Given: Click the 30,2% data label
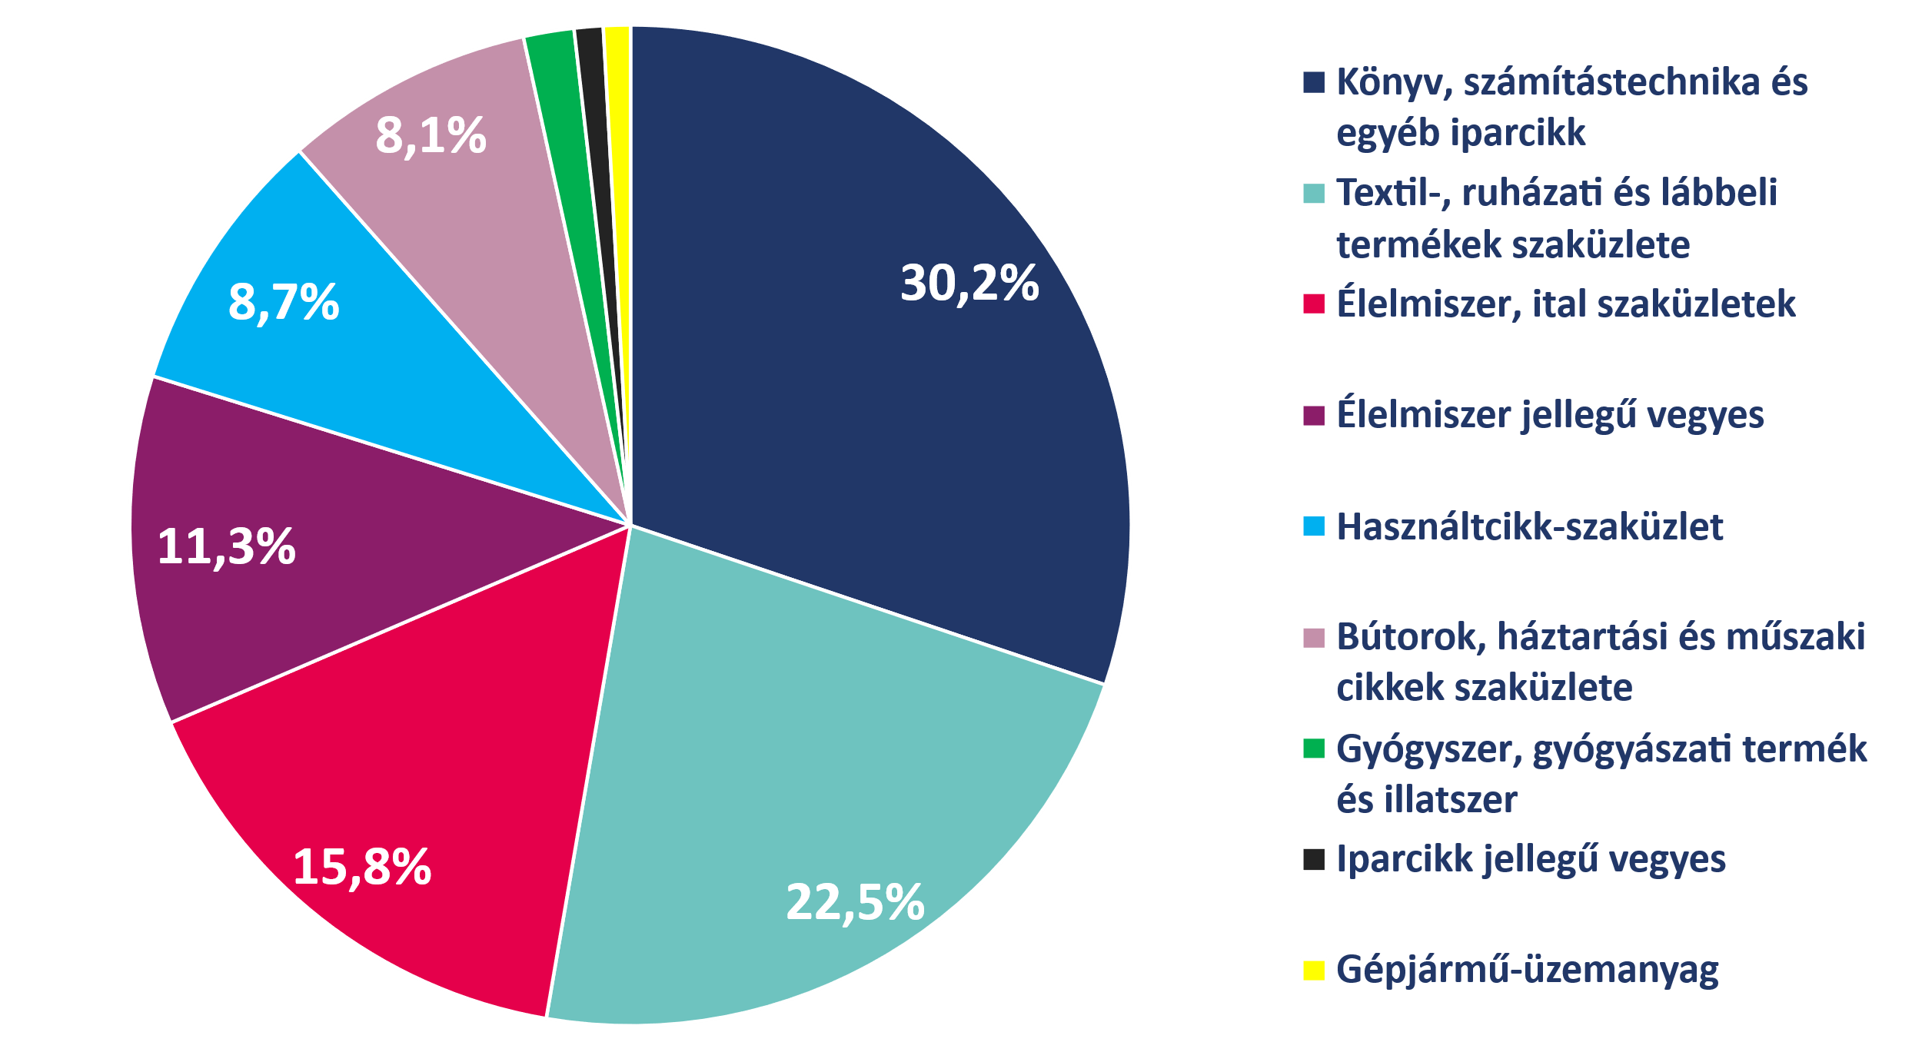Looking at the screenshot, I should (969, 284).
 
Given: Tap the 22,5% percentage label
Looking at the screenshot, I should (854, 902).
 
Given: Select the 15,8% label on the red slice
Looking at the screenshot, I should (362, 868).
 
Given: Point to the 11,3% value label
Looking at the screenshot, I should (226, 547).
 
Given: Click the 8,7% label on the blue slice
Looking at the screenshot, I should (284, 303).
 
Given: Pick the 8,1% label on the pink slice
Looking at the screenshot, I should (431, 137).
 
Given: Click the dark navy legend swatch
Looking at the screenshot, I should (1314, 83).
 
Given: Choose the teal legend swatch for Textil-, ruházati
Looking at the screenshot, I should (1314, 194).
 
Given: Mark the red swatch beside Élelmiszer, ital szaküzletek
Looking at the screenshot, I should (1314, 304).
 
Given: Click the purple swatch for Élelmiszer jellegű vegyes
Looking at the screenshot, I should (1314, 416).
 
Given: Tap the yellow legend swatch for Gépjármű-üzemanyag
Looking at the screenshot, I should (1314, 971).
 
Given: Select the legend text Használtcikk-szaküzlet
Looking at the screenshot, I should (1529, 527).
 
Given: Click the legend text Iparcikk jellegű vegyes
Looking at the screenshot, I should (1531, 860).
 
